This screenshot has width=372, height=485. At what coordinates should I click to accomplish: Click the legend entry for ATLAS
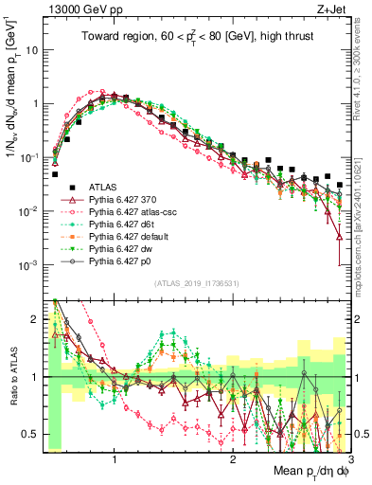(x=101, y=189)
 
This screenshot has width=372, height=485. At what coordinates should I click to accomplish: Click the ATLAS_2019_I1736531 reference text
(x=197, y=284)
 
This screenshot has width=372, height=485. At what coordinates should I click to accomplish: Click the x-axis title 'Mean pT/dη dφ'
(x=310, y=469)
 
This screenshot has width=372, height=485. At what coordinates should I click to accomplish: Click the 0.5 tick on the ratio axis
(x=31, y=434)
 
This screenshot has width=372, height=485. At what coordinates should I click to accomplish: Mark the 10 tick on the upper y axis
(x=31, y=49)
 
